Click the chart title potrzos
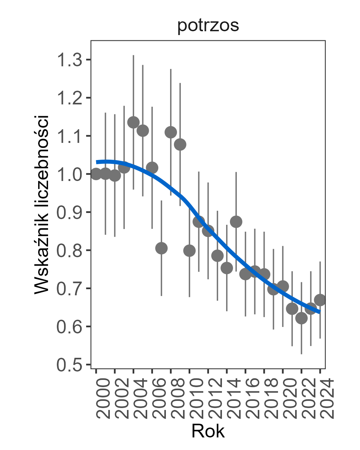coord(208,26)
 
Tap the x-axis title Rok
coord(208,431)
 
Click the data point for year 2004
coord(133,122)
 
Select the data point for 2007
coord(161,248)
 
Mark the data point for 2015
coord(236,222)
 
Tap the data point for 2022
coord(301,318)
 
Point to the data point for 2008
coord(171,132)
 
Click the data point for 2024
coord(320,300)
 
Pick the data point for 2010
coord(190,251)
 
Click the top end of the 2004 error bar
coord(133,55)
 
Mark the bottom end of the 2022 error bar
coord(301,354)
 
